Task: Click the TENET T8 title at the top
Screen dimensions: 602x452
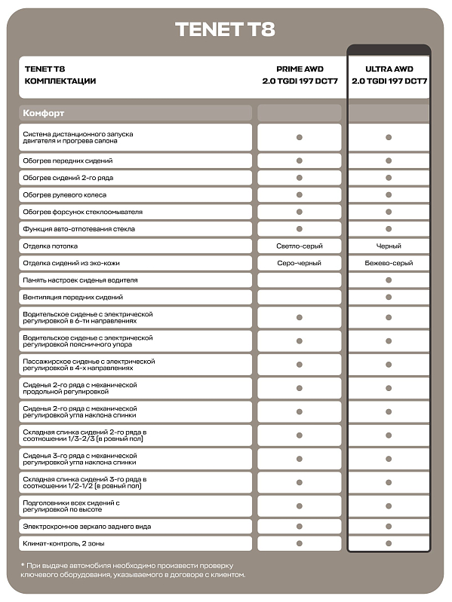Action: click(225, 29)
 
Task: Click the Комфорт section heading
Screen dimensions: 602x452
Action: click(44, 113)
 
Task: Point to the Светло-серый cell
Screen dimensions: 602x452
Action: click(300, 246)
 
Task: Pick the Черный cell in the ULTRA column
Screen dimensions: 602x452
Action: click(389, 246)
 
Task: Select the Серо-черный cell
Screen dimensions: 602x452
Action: click(300, 263)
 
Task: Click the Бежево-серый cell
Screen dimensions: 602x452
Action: click(389, 263)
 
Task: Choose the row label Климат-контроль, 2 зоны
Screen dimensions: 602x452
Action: click(65, 543)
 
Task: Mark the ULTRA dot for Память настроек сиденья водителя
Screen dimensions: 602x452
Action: click(389, 280)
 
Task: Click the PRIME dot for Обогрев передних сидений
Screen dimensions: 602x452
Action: click(300, 160)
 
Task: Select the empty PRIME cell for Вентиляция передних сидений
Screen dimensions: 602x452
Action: click(300, 298)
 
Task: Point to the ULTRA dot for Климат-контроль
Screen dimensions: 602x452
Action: click(389, 543)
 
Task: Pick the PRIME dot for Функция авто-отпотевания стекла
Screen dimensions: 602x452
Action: click(300, 228)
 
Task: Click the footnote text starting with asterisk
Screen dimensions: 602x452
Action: click(128, 570)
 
